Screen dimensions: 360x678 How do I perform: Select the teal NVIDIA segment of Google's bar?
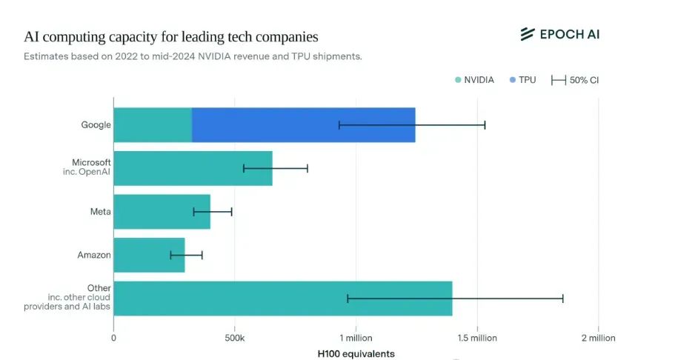click(x=153, y=124)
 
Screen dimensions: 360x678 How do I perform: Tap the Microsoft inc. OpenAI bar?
click(x=193, y=168)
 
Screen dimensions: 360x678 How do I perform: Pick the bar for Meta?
click(x=162, y=212)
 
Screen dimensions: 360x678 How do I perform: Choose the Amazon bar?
click(x=149, y=255)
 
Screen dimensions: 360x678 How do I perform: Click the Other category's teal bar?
click(x=282, y=299)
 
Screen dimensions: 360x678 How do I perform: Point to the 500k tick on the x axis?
click(x=234, y=338)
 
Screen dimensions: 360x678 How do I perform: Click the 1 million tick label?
click(x=356, y=338)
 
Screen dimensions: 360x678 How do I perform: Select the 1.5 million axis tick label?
click(x=476, y=338)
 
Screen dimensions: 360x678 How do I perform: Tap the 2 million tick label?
click(x=598, y=338)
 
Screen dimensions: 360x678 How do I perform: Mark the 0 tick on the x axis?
click(x=113, y=338)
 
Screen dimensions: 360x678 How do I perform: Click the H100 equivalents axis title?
click(x=356, y=353)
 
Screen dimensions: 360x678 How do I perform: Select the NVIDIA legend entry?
click(x=474, y=80)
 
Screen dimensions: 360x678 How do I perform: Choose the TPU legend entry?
click(x=522, y=80)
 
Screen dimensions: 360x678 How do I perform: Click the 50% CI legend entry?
click(x=575, y=80)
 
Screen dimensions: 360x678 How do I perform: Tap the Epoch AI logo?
click(x=559, y=34)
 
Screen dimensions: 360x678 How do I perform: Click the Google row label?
click(x=96, y=124)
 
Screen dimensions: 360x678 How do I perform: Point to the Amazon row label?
click(x=94, y=255)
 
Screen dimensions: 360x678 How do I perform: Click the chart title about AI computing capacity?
click(x=171, y=36)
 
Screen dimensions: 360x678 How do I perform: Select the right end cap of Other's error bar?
click(x=563, y=299)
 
